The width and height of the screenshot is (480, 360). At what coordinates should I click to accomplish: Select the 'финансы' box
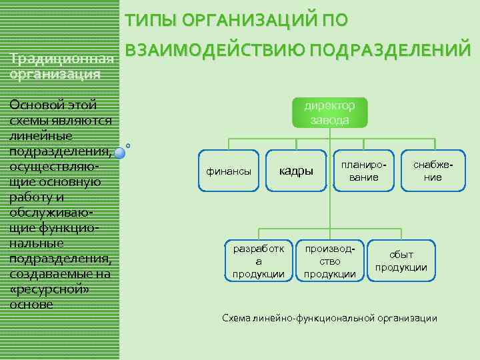229,171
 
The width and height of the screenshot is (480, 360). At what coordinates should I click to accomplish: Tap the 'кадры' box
296,171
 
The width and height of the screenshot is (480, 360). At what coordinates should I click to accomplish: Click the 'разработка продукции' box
259,261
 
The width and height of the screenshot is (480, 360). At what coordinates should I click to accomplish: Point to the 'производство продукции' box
329,261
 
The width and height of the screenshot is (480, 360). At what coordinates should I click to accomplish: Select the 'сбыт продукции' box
401,261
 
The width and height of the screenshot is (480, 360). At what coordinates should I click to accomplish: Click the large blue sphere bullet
120,153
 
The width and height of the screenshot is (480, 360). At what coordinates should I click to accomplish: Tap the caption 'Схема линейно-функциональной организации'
329,318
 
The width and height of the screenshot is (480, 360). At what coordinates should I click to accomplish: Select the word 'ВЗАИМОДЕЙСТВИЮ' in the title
214,50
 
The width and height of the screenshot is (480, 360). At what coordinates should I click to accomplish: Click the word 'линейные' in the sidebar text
39,135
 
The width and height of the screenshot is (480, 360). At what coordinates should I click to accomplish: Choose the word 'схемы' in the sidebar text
31,120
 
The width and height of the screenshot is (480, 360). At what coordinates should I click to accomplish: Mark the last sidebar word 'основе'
31,304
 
